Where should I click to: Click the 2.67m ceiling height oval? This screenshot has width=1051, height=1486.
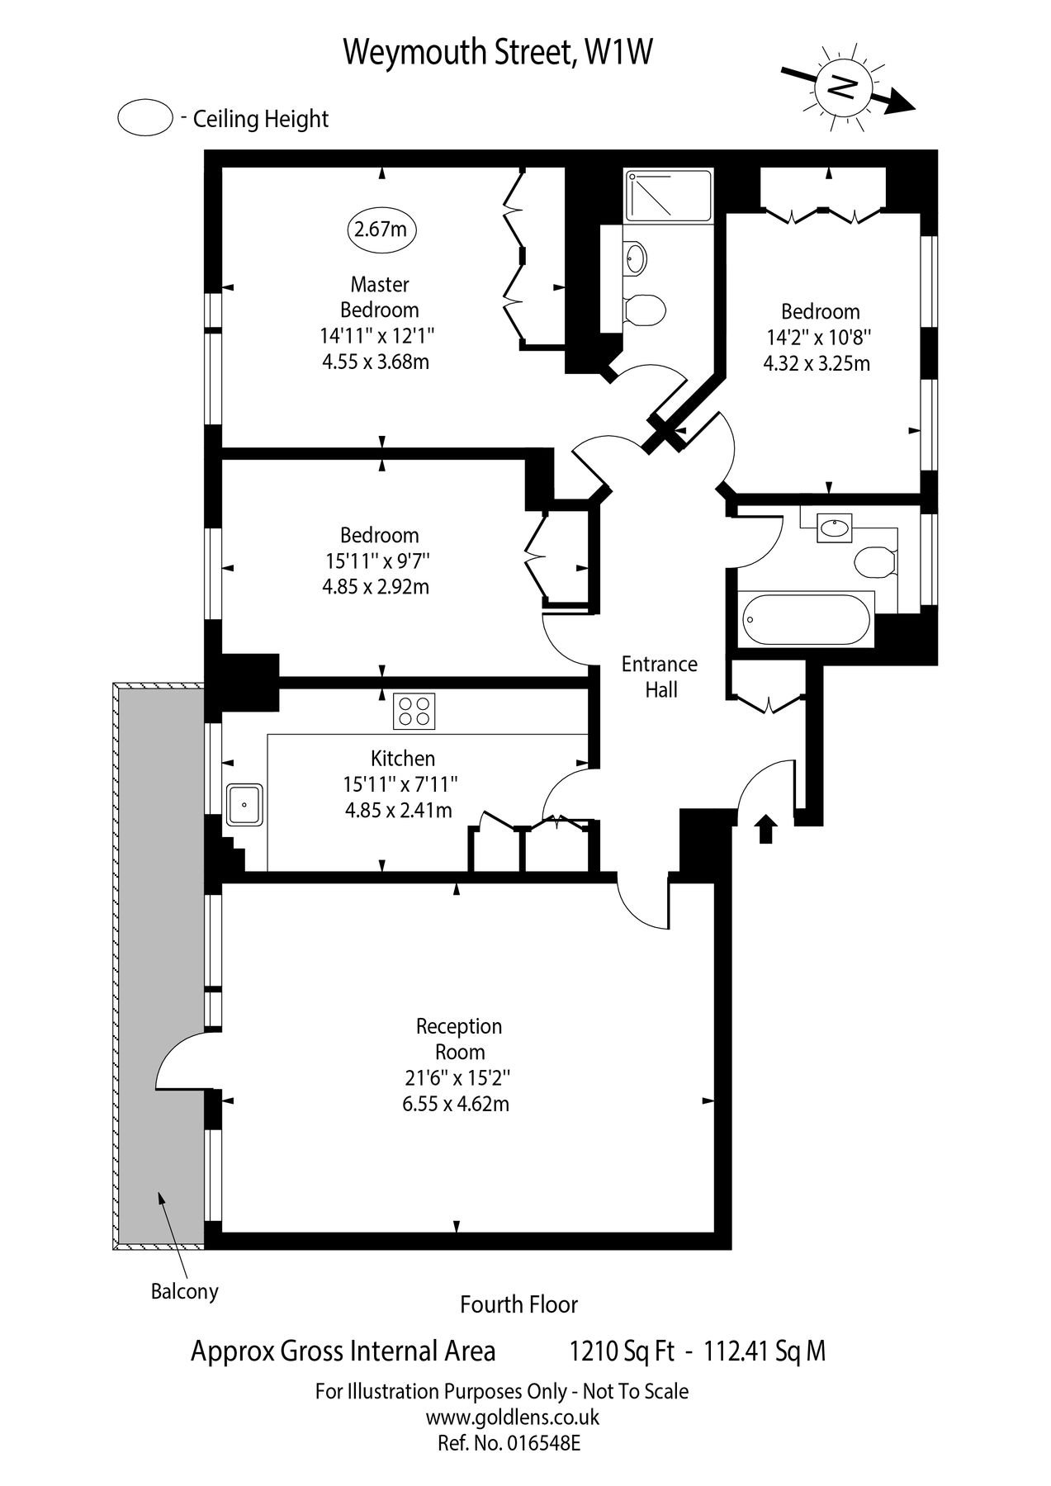click(381, 229)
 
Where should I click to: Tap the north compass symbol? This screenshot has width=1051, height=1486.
click(841, 87)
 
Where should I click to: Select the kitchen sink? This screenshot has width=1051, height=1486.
click(244, 805)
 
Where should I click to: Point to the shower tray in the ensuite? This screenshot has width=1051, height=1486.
click(667, 196)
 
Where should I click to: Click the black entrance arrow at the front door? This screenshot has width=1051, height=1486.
click(765, 828)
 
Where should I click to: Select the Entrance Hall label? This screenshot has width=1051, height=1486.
click(659, 677)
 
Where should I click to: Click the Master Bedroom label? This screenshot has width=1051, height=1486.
click(380, 297)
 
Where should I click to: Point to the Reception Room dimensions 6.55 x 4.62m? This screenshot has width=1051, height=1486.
click(456, 1104)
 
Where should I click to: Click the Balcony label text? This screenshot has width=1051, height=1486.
click(184, 1291)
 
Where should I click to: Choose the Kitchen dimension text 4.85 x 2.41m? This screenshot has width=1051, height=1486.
click(399, 810)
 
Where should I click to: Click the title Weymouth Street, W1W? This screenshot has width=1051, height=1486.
click(498, 52)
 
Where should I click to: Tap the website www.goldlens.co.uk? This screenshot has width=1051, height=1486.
click(512, 1417)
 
